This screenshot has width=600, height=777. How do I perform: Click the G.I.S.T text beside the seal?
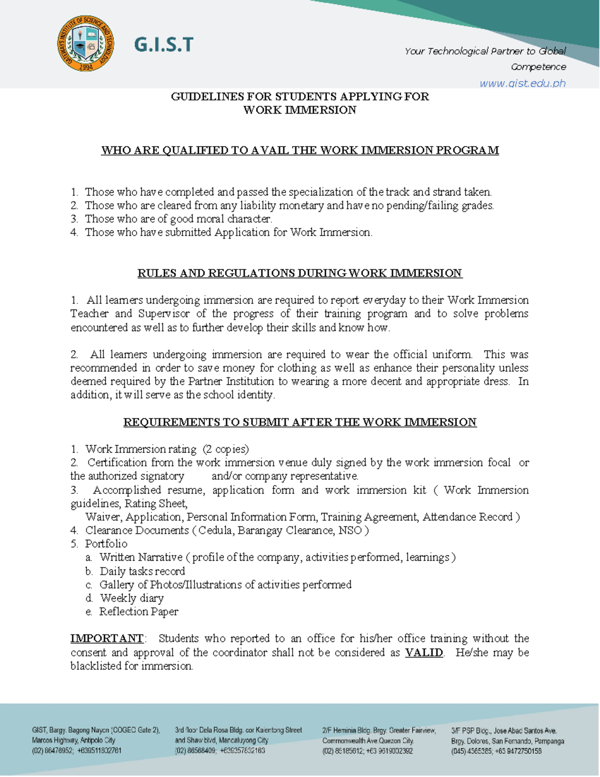tap(163, 45)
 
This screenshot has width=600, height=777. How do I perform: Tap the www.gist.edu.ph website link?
tap(522, 83)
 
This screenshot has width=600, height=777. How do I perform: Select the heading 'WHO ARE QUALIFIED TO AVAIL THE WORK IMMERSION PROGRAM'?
tap(300, 151)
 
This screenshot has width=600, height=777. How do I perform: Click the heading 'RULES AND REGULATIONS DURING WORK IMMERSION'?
tap(300, 273)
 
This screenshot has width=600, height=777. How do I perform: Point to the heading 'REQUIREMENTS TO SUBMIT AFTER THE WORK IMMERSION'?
tap(300, 422)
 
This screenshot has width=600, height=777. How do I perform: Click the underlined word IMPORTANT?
tap(107, 639)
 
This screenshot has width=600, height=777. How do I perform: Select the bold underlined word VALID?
tap(423, 652)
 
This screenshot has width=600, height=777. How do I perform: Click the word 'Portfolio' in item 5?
tap(106, 544)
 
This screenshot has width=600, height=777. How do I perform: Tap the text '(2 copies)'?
tap(225, 449)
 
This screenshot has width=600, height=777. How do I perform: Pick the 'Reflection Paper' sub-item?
tap(138, 612)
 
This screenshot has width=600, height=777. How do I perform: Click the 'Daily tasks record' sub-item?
tap(142, 571)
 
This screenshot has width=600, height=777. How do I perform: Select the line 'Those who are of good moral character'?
tap(178, 219)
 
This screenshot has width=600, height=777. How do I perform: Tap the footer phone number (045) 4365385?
tap(471, 751)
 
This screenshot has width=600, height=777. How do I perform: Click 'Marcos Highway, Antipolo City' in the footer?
tap(73, 740)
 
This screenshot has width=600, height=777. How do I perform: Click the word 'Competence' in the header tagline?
tap(538, 67)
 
